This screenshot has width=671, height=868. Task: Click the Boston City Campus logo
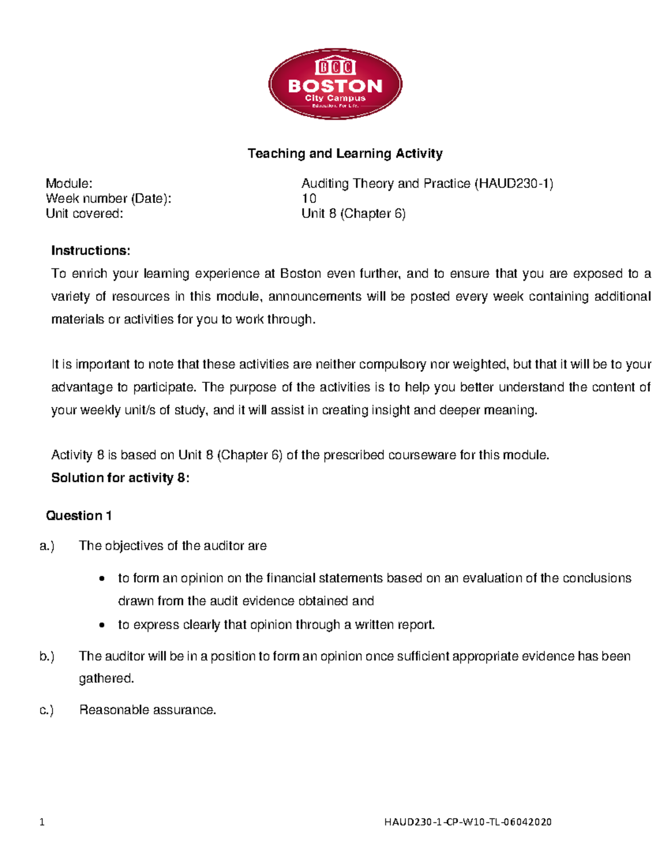coord(335,84)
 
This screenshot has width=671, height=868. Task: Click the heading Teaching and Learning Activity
coord(345,153)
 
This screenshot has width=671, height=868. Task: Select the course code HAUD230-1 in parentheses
coord(513,183)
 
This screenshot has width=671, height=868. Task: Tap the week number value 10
coord(309,198)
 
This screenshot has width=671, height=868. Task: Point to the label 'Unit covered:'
coord(84,214)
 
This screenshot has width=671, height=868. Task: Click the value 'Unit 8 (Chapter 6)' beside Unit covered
coord(353,214)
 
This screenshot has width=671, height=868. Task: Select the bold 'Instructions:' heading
coord(91,250)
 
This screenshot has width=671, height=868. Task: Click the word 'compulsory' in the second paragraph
coord(392,364)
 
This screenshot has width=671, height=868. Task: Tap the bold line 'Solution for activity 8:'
coord(120,478)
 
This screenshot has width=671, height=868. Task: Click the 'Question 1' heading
coord(79,515)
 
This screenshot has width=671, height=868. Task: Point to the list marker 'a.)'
coord(47,546)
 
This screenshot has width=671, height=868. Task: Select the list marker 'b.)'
coord(47,656)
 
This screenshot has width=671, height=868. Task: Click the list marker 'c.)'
coord(47,710)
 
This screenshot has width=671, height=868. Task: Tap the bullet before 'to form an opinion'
coord(101,579)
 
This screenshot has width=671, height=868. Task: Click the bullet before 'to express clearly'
coord(101,625)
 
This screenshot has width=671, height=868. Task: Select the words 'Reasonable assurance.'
coord(148,710)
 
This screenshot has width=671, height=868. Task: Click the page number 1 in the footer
coord(42,822)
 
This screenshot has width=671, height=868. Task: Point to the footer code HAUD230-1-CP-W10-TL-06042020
coord(467,822)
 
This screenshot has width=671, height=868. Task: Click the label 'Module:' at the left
coord(69,183)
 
